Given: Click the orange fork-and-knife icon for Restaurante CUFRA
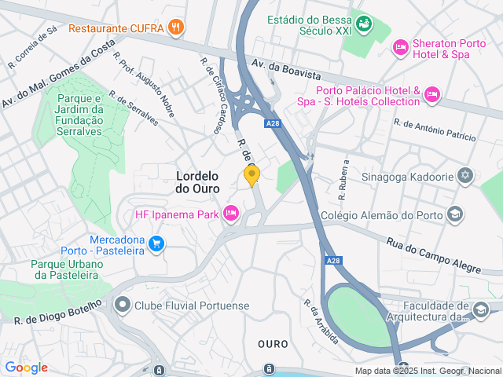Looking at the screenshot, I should (176, 28).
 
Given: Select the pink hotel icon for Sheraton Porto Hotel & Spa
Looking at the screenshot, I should (401, 49).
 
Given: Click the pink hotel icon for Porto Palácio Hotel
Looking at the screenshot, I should (431, 96).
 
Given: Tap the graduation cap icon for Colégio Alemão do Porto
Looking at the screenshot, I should (454, 214).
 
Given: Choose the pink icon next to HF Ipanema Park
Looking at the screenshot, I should (230, 214).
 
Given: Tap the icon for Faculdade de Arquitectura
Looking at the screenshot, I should (480, 311).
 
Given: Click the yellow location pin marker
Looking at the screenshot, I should (251, 175).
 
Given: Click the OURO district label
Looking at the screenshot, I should (273, 344).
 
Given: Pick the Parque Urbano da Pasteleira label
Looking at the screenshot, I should (67, 269).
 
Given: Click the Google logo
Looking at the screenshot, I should (26, 367).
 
